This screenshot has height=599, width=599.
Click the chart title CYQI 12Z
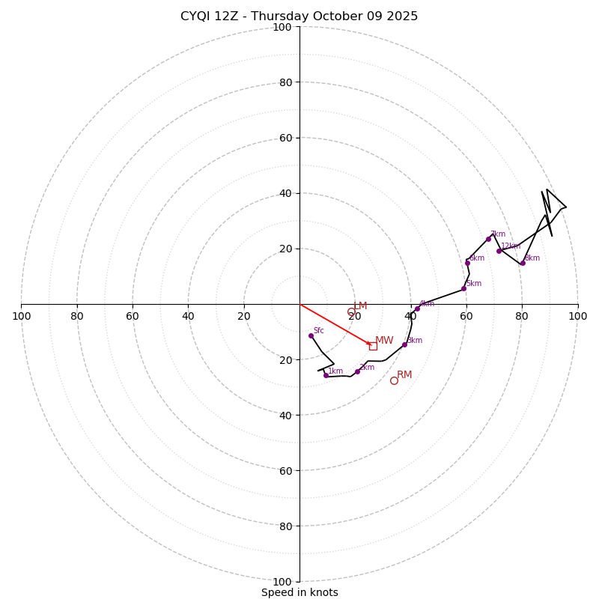click(x=299, y=16)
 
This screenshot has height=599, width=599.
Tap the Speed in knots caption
click(x=299, y=592)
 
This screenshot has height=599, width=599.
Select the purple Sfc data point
click(x=311, y=335)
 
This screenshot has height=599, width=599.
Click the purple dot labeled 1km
click(x=326, y=375)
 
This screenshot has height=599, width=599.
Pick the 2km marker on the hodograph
click(x=357, y=371)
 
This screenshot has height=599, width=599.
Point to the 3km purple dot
click(x=404, y=344)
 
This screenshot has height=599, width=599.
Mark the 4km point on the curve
click(x=417, y=308)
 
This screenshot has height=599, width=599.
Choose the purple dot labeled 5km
click(x=463, y=288)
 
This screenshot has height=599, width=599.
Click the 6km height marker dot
click(x=467, y=263)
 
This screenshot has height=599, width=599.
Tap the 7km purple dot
click(x=488, y=239)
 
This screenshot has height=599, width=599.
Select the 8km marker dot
click(x=523, y=263)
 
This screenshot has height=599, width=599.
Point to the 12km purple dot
click(x=499, y=251)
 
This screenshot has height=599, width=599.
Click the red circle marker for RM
click(x=394, y=380)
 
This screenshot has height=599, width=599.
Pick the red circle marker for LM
click(x=351, y=311)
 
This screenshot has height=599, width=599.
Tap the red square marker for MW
click(x=373, y=346)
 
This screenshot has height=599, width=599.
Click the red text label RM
click(x=404, y=375)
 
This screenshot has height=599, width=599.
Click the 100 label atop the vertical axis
click(x=282, y=28)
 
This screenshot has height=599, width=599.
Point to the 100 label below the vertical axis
click(x=282, y=582)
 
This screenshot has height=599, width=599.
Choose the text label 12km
click(x=511, y=246)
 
